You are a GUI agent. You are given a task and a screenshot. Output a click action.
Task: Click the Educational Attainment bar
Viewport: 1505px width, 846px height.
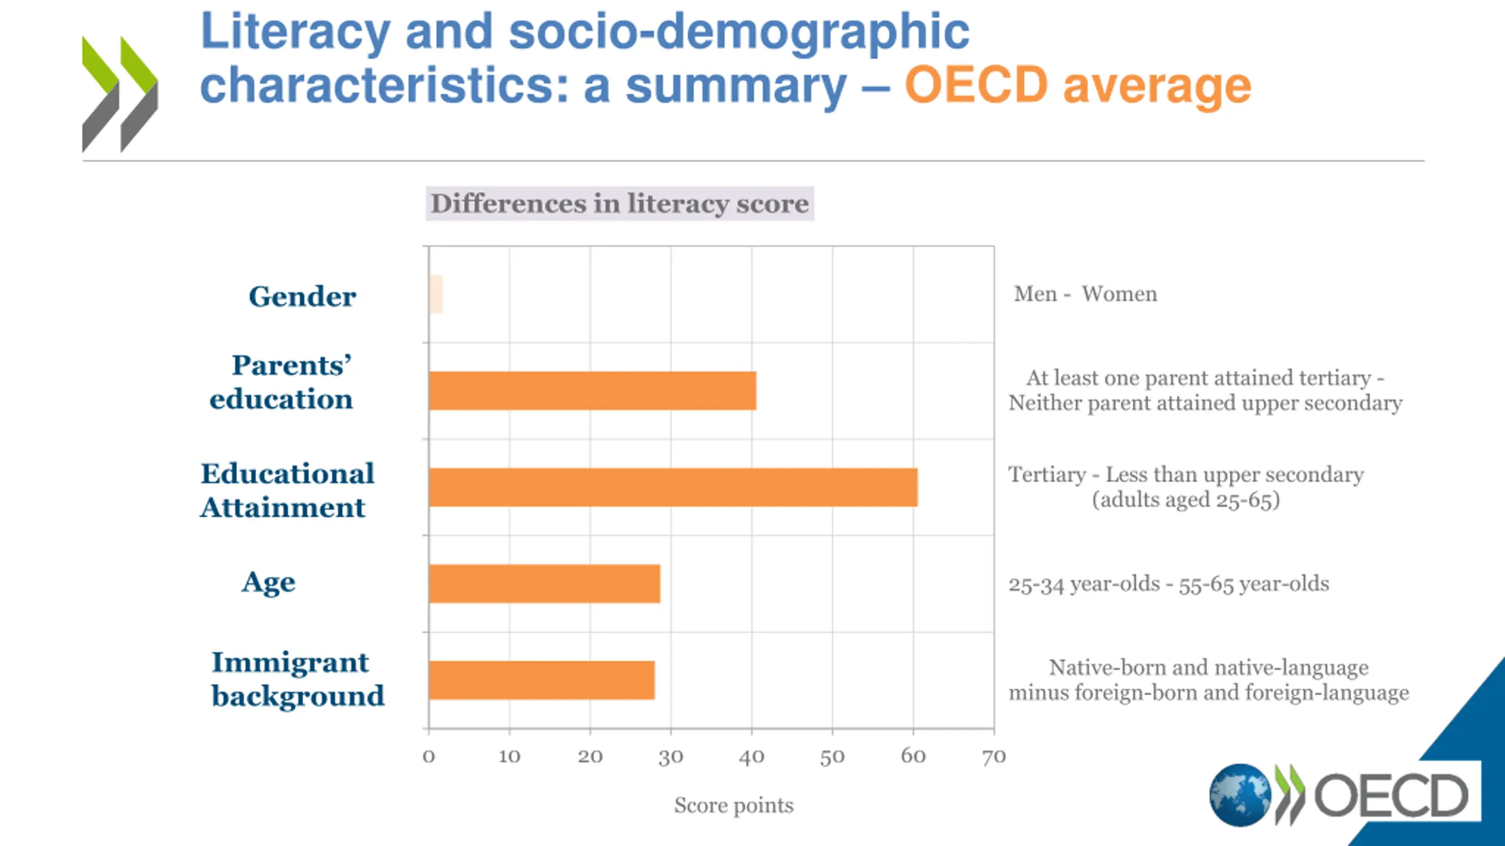click(x=673, y=487)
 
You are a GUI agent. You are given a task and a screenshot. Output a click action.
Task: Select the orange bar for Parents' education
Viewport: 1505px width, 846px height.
click(x=592, y=391)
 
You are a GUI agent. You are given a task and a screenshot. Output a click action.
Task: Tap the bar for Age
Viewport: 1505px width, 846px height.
click(x=544, y=583)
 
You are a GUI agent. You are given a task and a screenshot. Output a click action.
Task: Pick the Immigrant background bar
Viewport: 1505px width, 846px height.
click(x=541, y=680)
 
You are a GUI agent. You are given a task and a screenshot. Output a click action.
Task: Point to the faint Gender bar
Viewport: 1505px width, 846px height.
click(x=436, y=294)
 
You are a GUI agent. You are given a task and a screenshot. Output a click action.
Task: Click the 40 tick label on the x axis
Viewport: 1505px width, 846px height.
click(x=751, y=757)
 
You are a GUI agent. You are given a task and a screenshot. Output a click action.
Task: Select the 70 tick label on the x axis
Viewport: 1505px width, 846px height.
click(x=994, y=757)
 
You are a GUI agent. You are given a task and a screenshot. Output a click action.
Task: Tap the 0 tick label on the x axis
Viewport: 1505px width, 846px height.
click(x=429, y=757)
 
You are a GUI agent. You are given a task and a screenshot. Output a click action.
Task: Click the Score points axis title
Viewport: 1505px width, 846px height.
click(x=734, y=805)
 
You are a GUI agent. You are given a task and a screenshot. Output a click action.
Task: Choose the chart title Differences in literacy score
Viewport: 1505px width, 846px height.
click(x=620, y=204)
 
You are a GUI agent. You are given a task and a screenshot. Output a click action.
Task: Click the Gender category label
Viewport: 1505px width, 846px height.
click(x=302, y=296)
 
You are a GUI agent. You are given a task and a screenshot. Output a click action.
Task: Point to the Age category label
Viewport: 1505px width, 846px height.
click(x=269, y=582)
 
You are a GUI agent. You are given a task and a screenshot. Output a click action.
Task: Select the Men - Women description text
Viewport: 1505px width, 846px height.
click(x=1085, y=294)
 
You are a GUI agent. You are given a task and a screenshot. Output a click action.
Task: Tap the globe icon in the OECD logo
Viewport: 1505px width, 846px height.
click(x=1240, y=795)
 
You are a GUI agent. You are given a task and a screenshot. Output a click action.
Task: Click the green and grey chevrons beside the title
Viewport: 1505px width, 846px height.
click(x=120, y=94)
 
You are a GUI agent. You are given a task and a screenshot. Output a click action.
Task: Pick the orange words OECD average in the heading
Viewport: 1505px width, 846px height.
click(x=1078, y=86)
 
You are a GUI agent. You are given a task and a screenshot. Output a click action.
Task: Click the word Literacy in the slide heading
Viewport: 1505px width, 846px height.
click(x=296, y=32)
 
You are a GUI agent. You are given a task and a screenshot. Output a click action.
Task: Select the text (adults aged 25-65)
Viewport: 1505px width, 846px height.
click(x=1185, y=500)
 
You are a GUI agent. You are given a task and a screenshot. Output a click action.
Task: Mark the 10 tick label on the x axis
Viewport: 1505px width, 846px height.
click(x=509, y=757)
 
